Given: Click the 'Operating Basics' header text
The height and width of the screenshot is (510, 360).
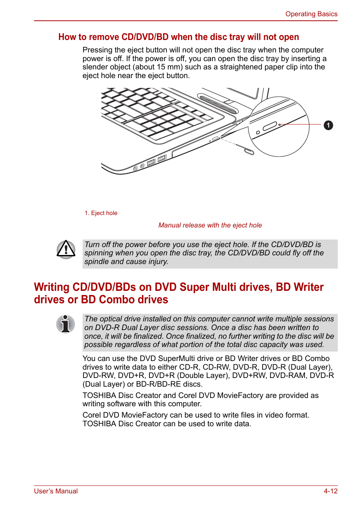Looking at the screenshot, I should (311, 14).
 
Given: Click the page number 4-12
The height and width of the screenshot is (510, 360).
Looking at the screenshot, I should (330, 491).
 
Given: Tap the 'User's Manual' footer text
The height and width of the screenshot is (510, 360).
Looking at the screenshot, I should (56, 491).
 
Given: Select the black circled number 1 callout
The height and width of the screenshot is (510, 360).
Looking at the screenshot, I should (328, 125).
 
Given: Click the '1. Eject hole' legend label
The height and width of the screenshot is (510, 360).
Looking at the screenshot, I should (101, 213).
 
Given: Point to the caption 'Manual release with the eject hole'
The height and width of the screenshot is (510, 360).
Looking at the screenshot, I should (210, 225).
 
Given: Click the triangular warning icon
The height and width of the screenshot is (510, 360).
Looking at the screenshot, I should (66, 249).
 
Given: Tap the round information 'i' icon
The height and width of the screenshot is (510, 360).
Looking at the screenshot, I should (66, 324).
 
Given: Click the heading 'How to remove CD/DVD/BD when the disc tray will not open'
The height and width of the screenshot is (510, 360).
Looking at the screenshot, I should (178, 37).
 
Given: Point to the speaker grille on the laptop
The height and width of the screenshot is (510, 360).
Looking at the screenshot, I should (218, 104).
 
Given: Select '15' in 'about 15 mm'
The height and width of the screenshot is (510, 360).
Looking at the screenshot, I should (161, 67).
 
